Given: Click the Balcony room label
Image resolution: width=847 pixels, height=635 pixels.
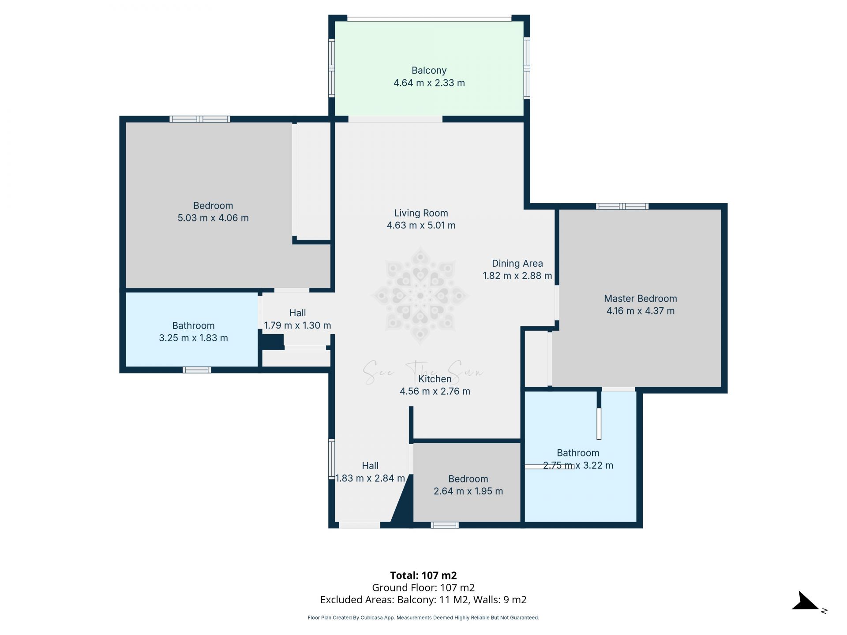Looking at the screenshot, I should pos(429,71).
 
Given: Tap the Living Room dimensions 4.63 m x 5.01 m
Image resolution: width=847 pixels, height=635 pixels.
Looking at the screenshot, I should pos(421,225).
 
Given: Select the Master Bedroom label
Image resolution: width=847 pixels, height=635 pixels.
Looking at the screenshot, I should pos(640,299).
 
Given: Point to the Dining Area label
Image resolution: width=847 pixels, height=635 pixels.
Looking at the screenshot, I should pos(517,264).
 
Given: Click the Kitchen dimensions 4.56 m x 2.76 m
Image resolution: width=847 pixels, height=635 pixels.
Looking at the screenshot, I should pos(435,391).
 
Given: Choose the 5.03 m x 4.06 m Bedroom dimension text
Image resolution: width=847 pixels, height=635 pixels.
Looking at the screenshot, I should pos(213,218).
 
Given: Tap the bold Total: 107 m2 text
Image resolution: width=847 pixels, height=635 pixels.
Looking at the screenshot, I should pos(423,575).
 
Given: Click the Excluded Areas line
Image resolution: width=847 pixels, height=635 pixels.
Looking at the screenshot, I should pos(423,600).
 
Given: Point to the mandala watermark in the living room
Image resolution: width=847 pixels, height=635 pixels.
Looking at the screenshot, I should pos(420,296).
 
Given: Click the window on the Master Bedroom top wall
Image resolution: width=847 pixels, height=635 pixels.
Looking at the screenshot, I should pos(622,206).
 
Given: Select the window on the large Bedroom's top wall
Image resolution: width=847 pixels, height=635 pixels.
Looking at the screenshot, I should pos(200,119).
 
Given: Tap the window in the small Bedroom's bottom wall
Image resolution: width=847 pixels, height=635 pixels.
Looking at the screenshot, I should pos(444,525).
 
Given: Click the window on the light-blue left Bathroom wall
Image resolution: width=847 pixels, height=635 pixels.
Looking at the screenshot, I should pos(197,370).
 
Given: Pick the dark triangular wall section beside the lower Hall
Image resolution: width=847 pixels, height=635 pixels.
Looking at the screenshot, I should pos(403,507).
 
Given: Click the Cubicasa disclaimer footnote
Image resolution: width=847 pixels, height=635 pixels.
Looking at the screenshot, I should pos(423,618).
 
